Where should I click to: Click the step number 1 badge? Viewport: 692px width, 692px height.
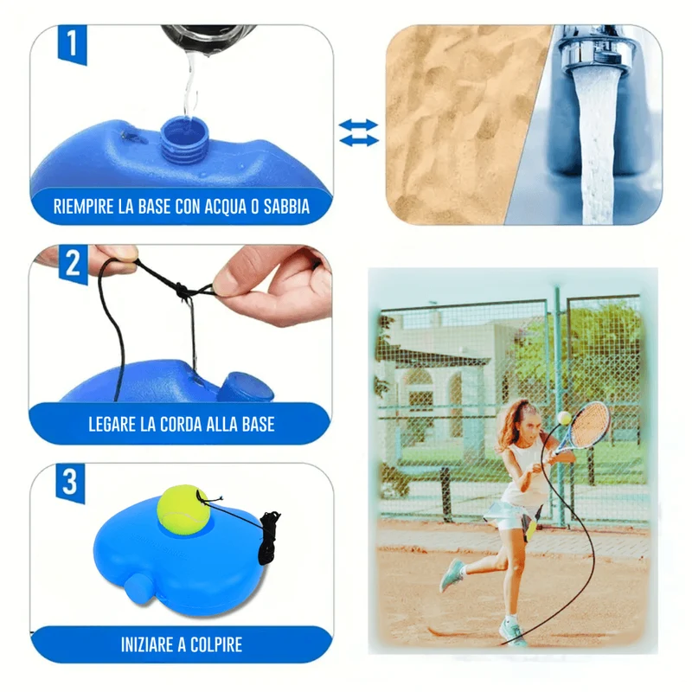[x=73, y=44]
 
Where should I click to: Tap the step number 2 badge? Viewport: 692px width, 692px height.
[x=74, y=264]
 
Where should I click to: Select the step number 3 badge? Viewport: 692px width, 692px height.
[x=70, y=483]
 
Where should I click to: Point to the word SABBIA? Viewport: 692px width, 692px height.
[x=286, y=207]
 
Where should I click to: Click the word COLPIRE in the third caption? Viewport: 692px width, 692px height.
[x=216, y=644]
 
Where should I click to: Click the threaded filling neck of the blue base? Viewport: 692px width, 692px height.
[x=184, y=139]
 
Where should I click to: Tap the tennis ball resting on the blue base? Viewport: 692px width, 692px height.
[x=183, y=509]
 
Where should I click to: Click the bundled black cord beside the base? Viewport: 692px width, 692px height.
[x=269, y=537]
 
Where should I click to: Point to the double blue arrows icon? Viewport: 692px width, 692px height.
[x=358, y=132]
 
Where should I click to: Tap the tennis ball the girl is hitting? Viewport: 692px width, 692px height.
[x=564, y=418]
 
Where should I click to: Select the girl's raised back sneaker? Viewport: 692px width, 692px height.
[x=452, y=574]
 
